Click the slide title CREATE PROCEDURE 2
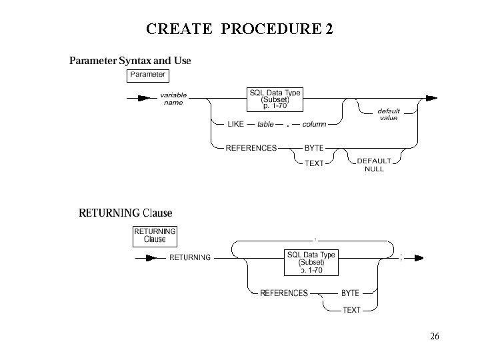(239, 29)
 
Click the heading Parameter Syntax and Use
(131, 61)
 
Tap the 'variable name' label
(173, 99)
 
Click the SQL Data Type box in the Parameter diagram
(274, 99)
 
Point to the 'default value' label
(389, 114)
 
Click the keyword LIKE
(235, 124)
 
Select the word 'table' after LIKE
(265, 124)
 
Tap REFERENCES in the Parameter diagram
(251, 148)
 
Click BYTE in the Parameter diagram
(314, 148)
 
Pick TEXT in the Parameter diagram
(314, 163)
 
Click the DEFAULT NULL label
(374, 165)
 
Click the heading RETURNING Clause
(125, 213)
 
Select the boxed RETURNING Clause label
(155, 235)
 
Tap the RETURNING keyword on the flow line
(190, 257)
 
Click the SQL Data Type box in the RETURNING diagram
(311, 262)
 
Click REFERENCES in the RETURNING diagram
(284, 293)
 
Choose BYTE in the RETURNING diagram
(350, 293)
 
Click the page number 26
(434, 337)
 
